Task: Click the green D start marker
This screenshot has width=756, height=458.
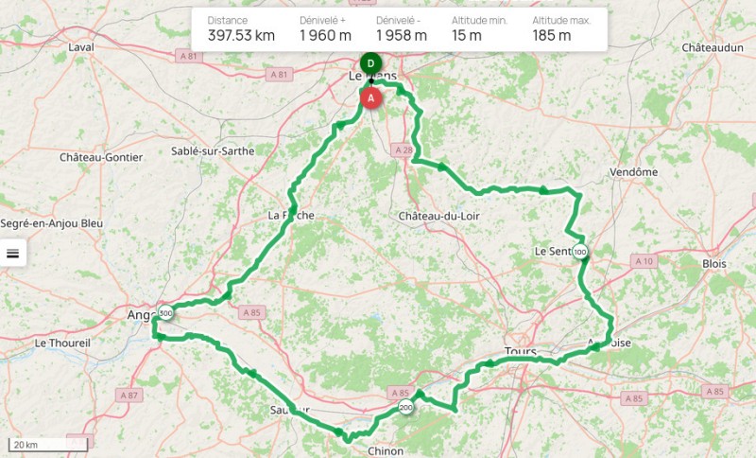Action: coord(370,63)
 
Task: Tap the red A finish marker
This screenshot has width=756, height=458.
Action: coord(371,97)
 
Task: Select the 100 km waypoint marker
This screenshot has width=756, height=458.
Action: coord(579,252)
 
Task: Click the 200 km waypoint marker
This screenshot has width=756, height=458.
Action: coord(405,408)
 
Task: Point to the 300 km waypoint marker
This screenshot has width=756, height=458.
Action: coord(166,313)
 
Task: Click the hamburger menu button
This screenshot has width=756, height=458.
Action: coord(13,253)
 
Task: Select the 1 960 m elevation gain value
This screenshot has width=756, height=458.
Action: coord(325,36)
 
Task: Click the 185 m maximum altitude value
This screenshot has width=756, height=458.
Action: coord(551,36)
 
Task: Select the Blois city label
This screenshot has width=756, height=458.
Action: coord(715,263)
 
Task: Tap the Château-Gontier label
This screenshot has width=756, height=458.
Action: coord(101,157)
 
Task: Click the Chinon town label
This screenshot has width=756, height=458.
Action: coord(385,451)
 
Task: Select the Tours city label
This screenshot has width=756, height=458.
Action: coord(520,351)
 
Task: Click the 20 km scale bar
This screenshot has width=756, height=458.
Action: coord(48,444)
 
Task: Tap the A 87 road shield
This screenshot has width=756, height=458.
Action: coord(129,394)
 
